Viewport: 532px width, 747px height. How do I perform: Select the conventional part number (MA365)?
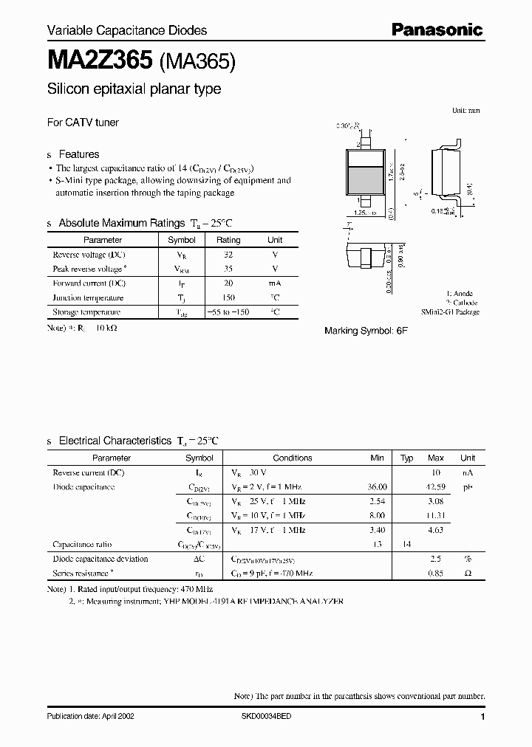(x=197, y=62)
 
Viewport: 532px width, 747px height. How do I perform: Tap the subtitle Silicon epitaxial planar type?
(x=134, y=89)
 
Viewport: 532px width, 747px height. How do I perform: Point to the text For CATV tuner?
(x=83, y=123)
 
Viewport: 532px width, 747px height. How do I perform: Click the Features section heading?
(x=78, y=154)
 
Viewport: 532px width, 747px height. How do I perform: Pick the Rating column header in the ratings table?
(x=228, y=240)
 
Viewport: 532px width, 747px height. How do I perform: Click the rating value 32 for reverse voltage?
(x=228, y=255)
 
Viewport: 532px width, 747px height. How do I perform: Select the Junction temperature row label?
(x=88, y=297)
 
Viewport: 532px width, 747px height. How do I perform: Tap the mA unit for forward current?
(x=275, y=283)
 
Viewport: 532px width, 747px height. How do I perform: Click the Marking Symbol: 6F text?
(x=366, y=331)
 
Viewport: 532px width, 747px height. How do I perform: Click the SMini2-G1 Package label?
(x=450, y=312)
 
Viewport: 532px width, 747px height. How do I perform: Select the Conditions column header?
(x=293, y=458)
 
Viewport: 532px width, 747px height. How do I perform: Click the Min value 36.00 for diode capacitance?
(x=377, y=487)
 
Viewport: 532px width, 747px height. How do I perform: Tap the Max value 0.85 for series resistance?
(x=436, y=573)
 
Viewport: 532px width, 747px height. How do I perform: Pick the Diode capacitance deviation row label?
(x=100, y=559)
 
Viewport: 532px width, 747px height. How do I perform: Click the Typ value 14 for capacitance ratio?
(x=406, y=544)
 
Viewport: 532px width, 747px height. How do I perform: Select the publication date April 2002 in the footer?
(x=91, y=717)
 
